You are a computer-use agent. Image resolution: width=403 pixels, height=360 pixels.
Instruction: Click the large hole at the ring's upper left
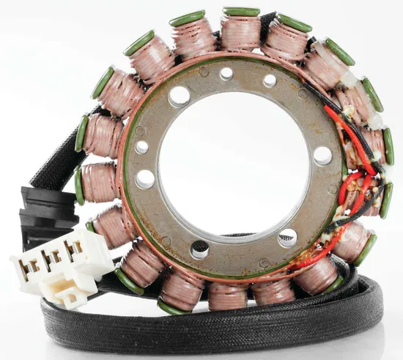coord(179,96)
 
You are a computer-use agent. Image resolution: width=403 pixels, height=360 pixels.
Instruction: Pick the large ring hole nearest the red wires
coord(322,155)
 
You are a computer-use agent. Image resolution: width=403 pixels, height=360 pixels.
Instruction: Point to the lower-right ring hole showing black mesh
coord(287,237)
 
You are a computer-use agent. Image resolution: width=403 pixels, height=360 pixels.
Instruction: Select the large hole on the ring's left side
coord(145,179)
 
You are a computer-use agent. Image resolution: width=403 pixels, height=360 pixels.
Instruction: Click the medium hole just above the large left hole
coord(142,147)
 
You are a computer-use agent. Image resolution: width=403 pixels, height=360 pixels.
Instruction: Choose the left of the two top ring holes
coord(226,73)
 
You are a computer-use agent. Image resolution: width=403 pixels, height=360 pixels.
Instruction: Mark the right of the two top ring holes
coord(270,80)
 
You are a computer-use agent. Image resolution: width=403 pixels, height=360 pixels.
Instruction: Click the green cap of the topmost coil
coord(242,12)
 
